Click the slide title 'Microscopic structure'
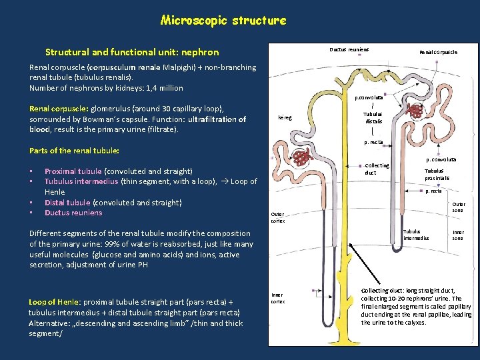(x=223, y=20)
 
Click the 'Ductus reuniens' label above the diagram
(x=349, y=50)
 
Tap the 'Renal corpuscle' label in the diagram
(x=438, y=52)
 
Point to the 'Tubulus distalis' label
(x=373, y=117)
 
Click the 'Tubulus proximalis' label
(x=437, y=175)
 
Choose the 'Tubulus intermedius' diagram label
(x=417, y=235)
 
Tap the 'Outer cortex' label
(x=277, y=217)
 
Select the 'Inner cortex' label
(x=277, y=297)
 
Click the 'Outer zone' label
(x=459, y=207)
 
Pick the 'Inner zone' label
(x=459, y=235)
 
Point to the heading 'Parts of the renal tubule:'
(x=74, y=151)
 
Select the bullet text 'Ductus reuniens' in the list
(x=73, y=213)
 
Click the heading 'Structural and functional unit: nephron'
(x=131, y=52)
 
